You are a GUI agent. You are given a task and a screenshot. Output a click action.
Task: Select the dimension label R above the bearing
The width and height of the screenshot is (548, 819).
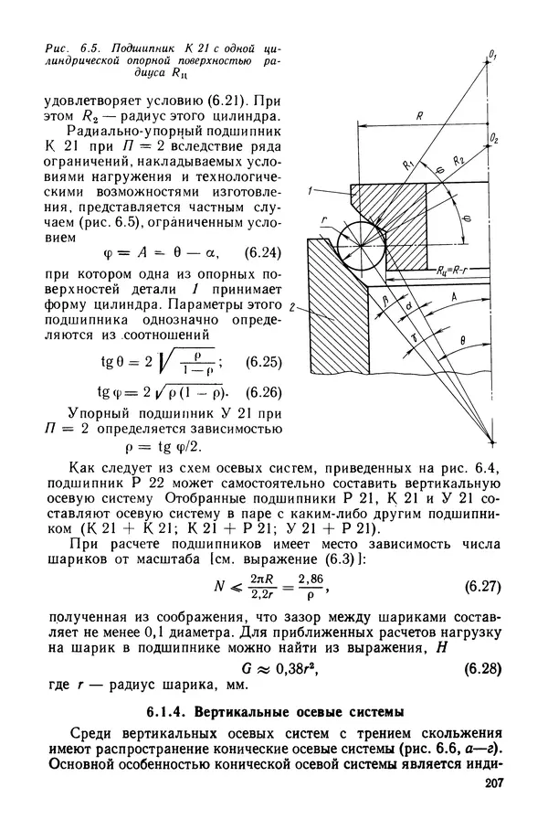click(x=417, y=117)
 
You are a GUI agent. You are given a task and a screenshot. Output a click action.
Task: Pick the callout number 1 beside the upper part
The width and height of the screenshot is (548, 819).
click(x=311, y=190)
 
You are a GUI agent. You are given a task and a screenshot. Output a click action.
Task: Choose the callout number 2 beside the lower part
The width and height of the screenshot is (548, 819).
click(x=290, y=305)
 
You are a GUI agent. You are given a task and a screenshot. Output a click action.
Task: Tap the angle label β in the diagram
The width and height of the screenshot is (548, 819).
click(x=385, y=299)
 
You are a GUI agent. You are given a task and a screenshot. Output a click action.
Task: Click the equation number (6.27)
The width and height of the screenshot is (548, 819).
click(x=481, y=581)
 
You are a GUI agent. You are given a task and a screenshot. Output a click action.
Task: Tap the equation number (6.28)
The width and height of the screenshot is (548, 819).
click(x=481, y=667)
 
